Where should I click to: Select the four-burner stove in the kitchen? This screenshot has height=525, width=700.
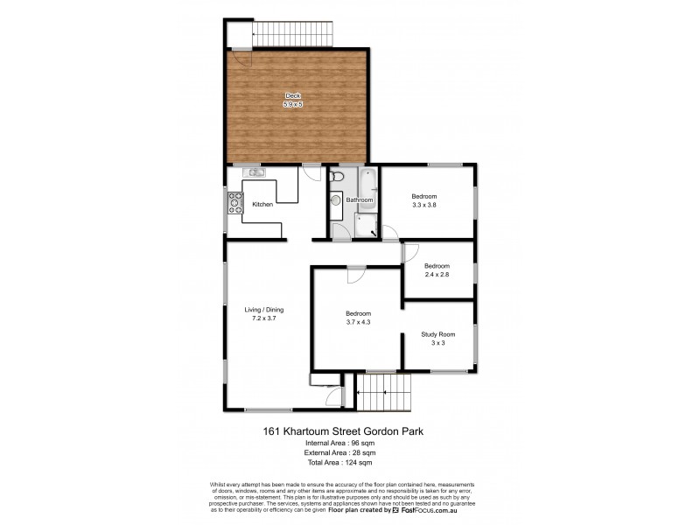[234, 203]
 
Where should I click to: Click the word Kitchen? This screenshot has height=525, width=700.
[262, 204]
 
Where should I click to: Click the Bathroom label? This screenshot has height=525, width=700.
[360, 200]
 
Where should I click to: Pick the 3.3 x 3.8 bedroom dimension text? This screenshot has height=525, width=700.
[424, 205]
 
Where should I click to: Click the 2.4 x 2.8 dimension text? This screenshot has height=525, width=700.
[437, 275]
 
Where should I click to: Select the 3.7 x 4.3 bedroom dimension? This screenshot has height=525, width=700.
[357, 322]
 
